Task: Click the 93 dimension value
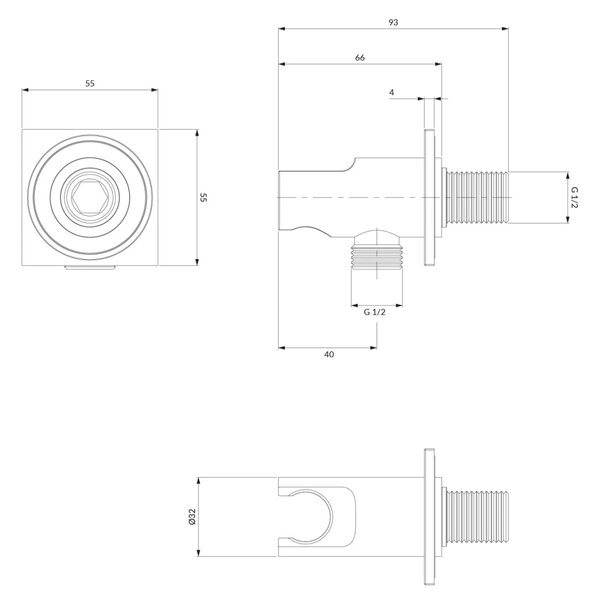(x=393, y=23)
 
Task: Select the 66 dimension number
(x=360, y=58)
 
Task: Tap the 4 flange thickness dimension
(x=391, y=92)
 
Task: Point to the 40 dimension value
(x=329, y=354)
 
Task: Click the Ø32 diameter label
(x=192, y=516)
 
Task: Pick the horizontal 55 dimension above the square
(x=90, y=83)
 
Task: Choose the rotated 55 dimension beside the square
(x=203, y=197)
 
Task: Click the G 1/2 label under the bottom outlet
(x=374, y=312)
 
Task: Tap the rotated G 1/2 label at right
(x=574, y=197)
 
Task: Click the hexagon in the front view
(x=90, y=197)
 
